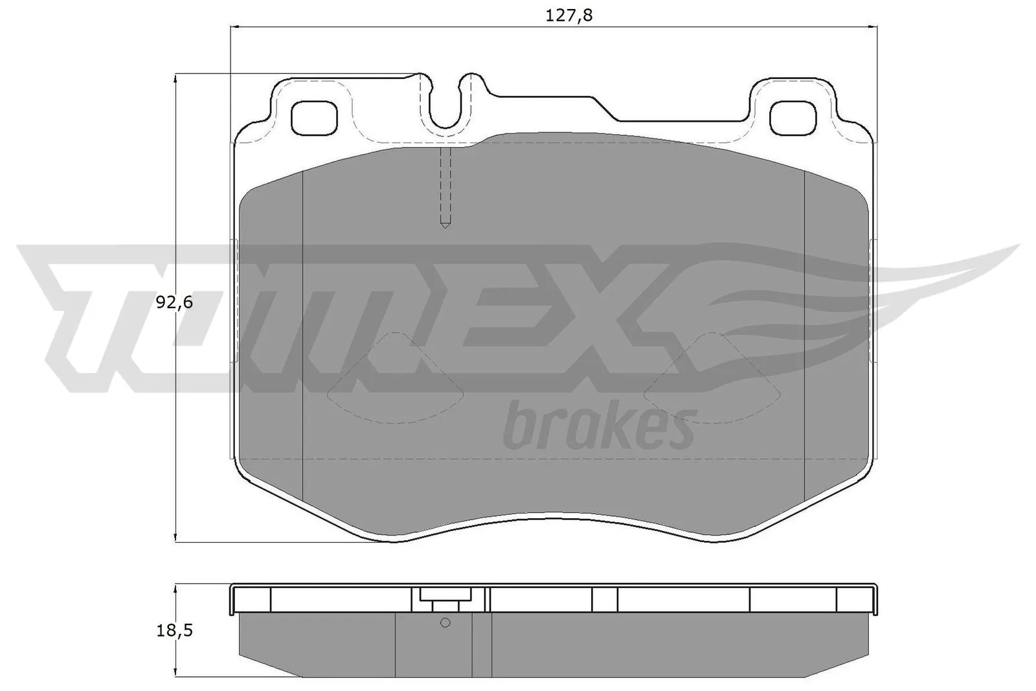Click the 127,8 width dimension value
point(569,16)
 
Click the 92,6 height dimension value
point(175,302)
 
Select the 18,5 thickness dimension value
point(175,631)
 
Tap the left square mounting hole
point(315,118)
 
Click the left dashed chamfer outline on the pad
point(395,382)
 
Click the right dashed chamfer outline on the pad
point(712,382)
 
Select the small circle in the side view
point(445,623)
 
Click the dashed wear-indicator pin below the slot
point(445,188)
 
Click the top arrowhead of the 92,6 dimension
point(175,78)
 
